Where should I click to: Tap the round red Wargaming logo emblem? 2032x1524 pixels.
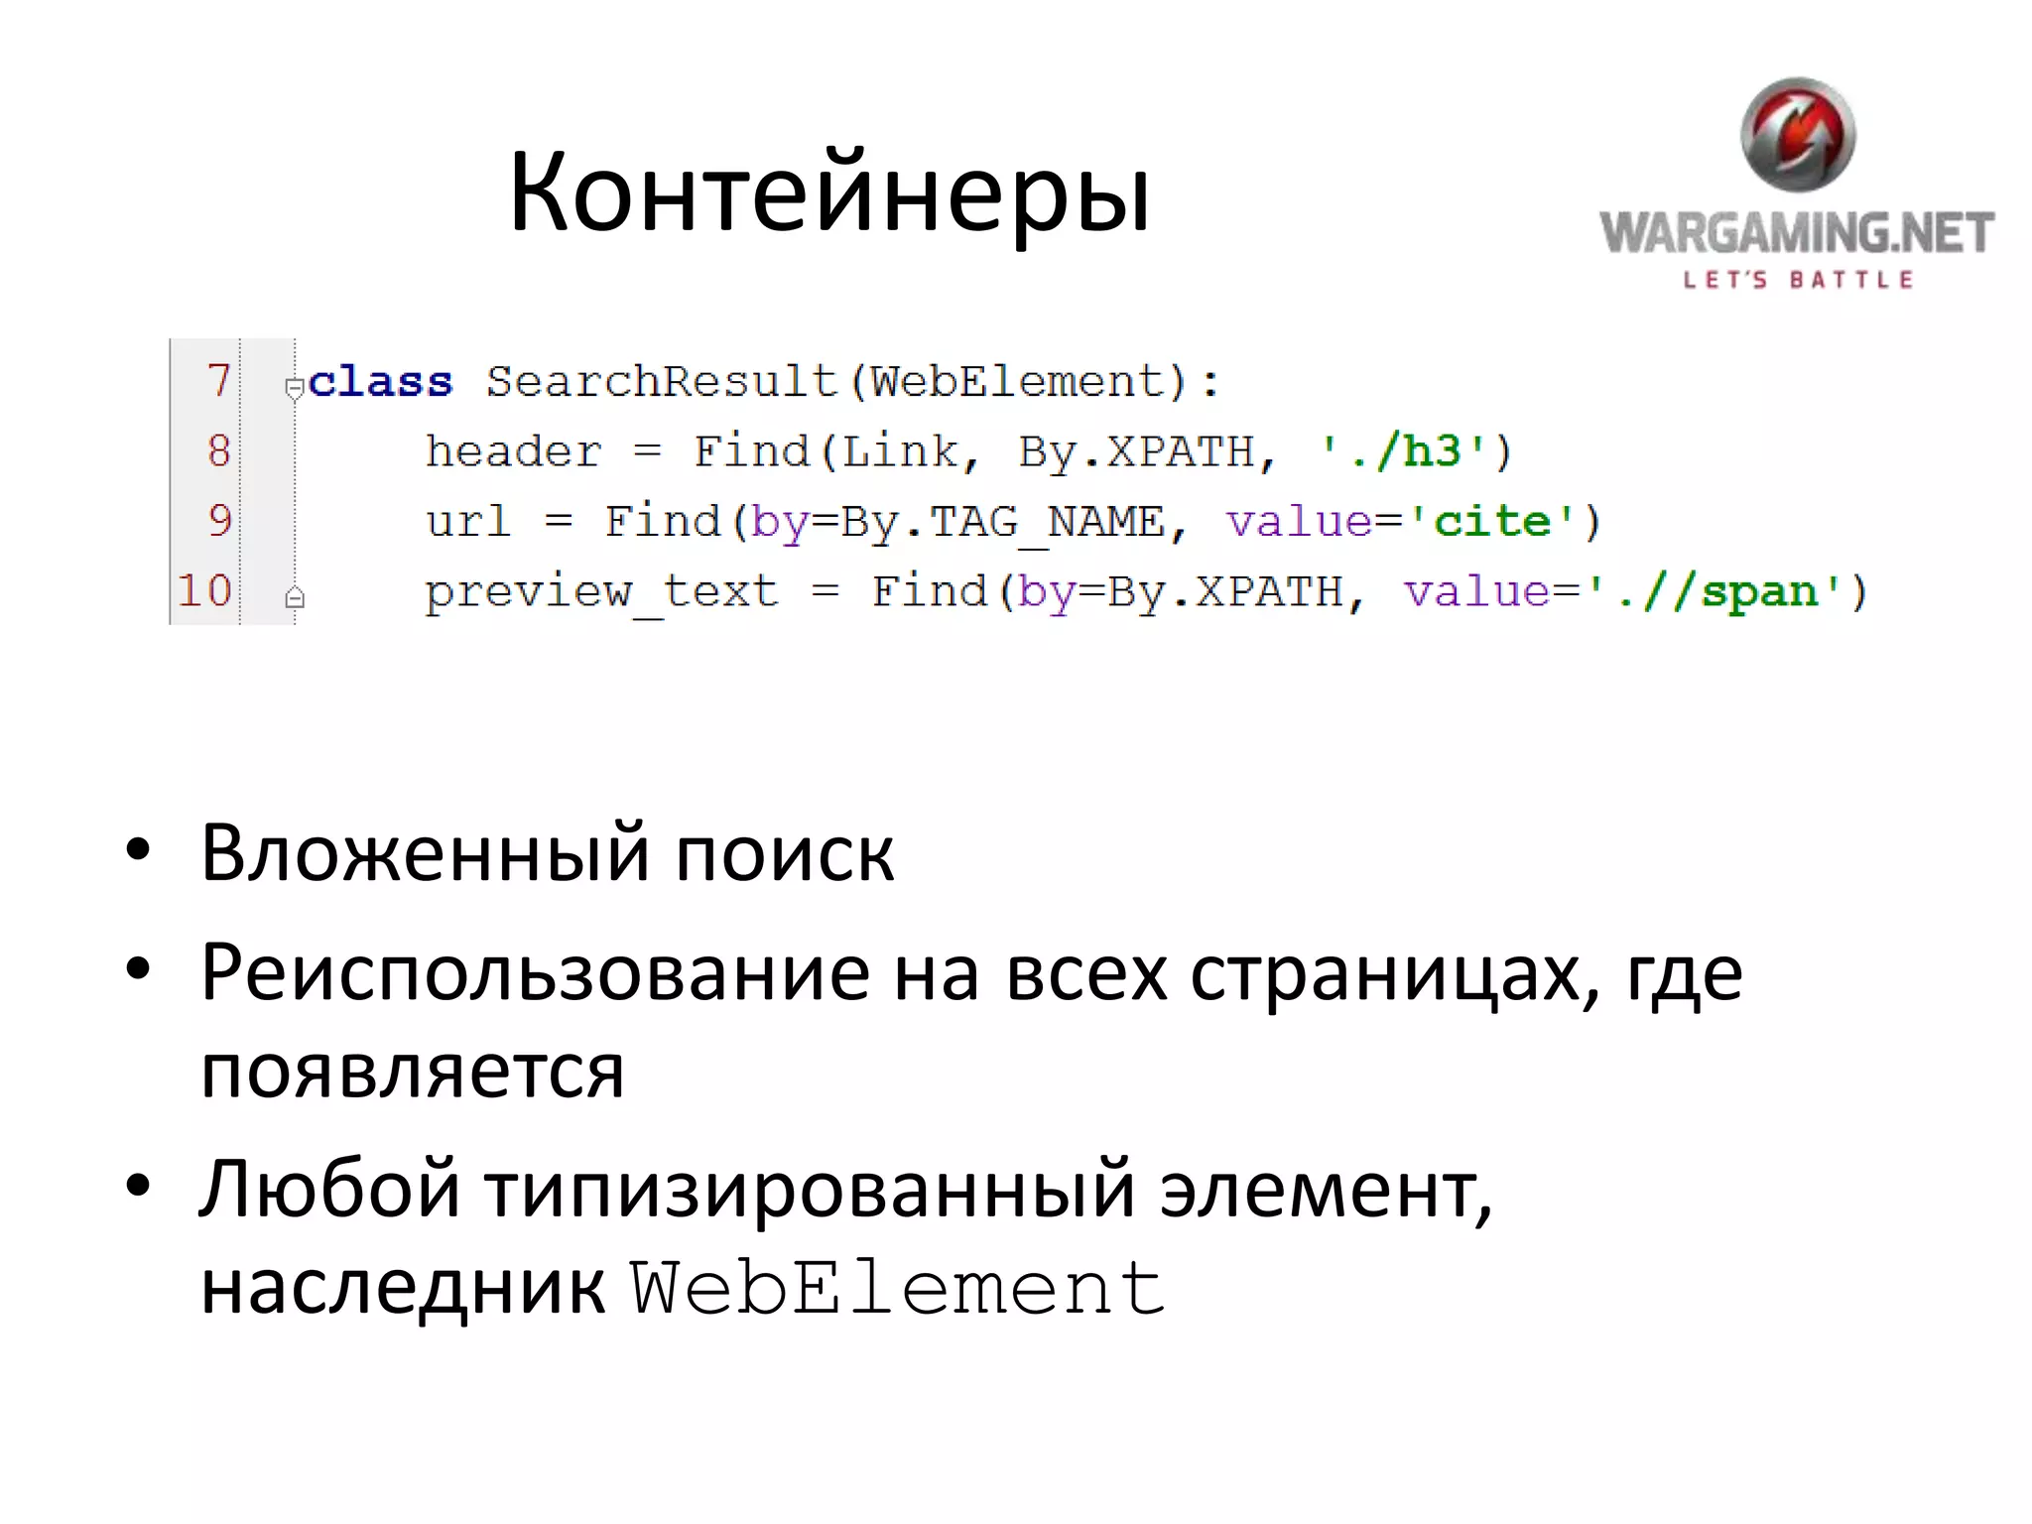[x=1798, y=135]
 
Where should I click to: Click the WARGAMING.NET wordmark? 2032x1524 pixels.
[x=1797, y=233]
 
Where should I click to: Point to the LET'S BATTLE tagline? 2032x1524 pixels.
[x=1798, y=281]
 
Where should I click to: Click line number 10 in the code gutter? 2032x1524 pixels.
[x=205, y=591]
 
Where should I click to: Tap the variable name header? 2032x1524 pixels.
[x=513, y=452]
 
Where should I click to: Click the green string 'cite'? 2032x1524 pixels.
[x=1491, y=522]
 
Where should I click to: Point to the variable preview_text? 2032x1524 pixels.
[x=601, y=592]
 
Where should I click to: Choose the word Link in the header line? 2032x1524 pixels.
[x=901, y=452]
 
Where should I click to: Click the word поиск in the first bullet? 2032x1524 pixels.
[x=784, y=854]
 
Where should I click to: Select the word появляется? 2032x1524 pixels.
[x=413, y=1072]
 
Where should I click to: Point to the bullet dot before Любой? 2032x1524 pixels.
[x=138, y=1186]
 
